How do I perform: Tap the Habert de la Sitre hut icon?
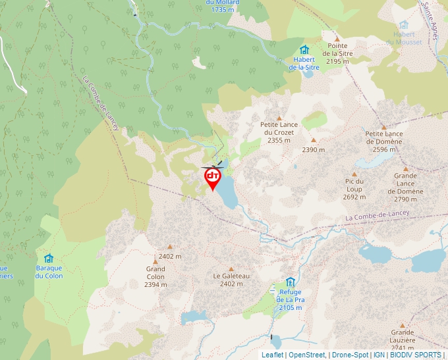point(304,50)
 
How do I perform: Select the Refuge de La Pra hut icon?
point(290,282)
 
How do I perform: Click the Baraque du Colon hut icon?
point(49,258)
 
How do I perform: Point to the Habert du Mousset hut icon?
point(404,25)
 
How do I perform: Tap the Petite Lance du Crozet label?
point(279,132)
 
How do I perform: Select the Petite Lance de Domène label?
point(384,141)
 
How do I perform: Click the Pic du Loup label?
point(354,189)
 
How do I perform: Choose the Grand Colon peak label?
point(155,276)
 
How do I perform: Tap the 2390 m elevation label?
point(314,150)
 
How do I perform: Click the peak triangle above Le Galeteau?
point(231,269)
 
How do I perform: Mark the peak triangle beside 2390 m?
point(314,140)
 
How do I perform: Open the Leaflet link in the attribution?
point(272,355)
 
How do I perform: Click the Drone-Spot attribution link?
point(349,355)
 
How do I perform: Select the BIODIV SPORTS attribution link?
point(416,355)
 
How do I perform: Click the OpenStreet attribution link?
point(307,355)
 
